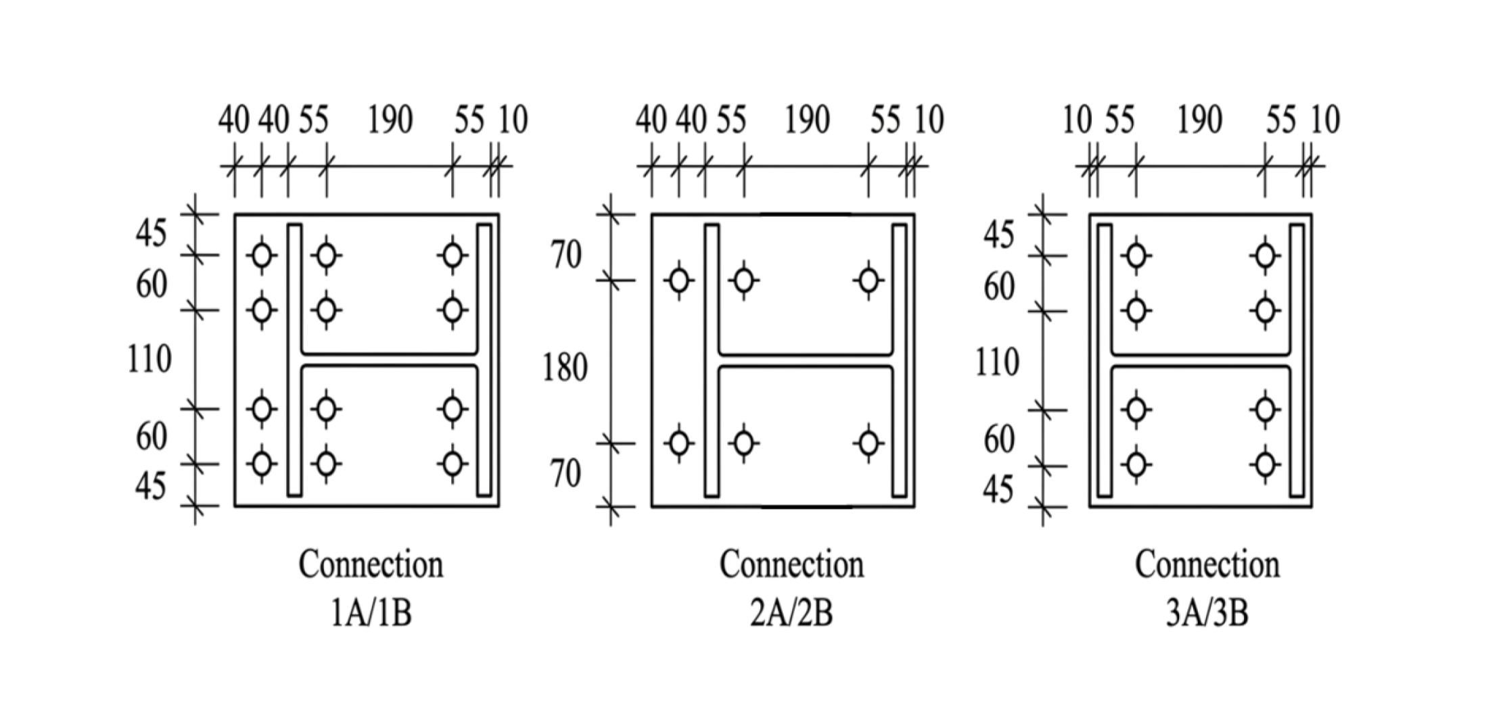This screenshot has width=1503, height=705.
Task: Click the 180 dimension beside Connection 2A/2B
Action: click(565, 368)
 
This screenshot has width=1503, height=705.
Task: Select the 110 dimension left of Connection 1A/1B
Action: click(149, 358)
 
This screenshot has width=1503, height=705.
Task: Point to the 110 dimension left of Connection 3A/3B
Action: click(997, 362)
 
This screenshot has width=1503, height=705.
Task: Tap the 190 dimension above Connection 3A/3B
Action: click(1199, 120)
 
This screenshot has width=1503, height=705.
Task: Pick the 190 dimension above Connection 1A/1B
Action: click(390, 120)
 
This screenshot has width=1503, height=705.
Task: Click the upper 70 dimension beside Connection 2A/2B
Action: click(565, 255)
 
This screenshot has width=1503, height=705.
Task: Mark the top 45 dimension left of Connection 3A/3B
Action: click(998, 235)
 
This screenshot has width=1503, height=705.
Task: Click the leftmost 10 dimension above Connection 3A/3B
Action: click(1077, 120)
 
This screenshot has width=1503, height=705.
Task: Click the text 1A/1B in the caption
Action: click(371, 614)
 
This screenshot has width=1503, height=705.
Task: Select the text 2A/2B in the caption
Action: click(791, 614)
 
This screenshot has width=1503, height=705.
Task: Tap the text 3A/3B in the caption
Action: click(1207, 614)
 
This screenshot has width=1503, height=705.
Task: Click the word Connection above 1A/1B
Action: click(371, 564)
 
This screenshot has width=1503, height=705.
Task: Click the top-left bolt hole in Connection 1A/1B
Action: click(262, 256)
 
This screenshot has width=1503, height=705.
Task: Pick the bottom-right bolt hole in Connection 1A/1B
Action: click(453, 464)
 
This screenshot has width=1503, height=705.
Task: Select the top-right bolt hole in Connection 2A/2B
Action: click(869, 280)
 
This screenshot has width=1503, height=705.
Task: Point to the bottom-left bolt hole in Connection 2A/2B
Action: click(679, 443)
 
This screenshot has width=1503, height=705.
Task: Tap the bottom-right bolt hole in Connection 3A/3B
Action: click(1265, 465)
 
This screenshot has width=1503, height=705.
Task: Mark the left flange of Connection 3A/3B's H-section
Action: click(1105, 360)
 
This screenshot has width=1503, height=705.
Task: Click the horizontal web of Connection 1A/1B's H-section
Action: click(390, 360)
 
